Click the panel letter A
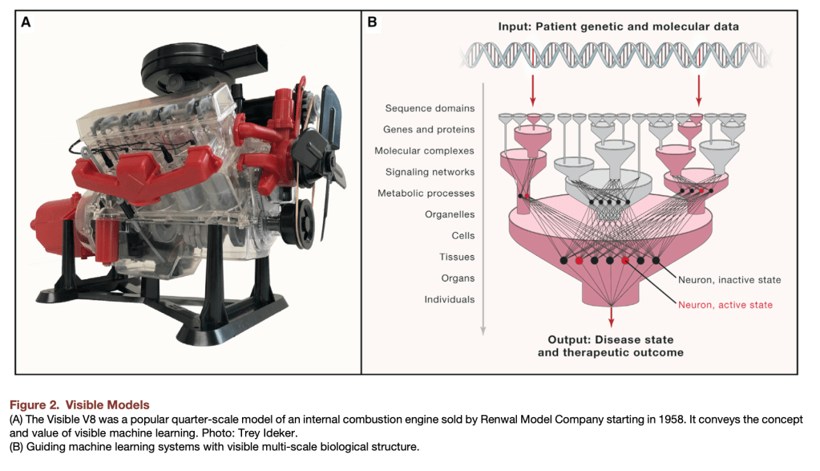click(26, 22)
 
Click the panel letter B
click(372, 22)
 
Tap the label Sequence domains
click(430, 108)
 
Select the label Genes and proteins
click(430, 129)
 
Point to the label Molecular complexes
click(424, 151)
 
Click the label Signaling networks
click(430, 172)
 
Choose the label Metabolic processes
click(426, 193)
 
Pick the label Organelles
click(450, 214)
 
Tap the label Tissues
click(457, 257)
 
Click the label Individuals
click(450, 299)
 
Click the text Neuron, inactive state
click(729, 280)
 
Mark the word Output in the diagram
click(568, 339)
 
